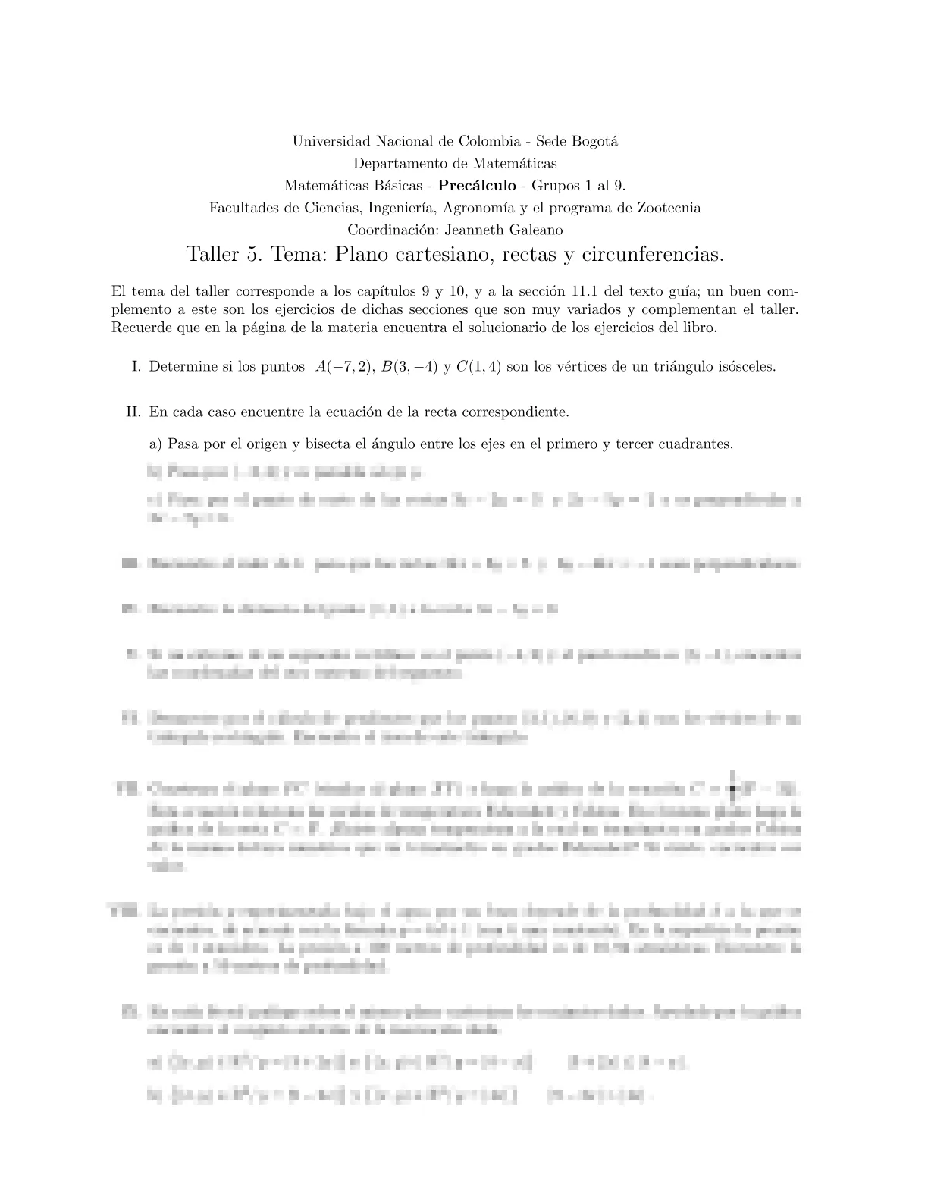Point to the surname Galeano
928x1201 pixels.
click(x=535, y=230)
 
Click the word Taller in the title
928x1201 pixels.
click(x=212, y=255)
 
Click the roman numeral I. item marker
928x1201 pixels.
click(x=136, y=367)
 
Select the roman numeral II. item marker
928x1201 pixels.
click(x=134, y=413)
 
